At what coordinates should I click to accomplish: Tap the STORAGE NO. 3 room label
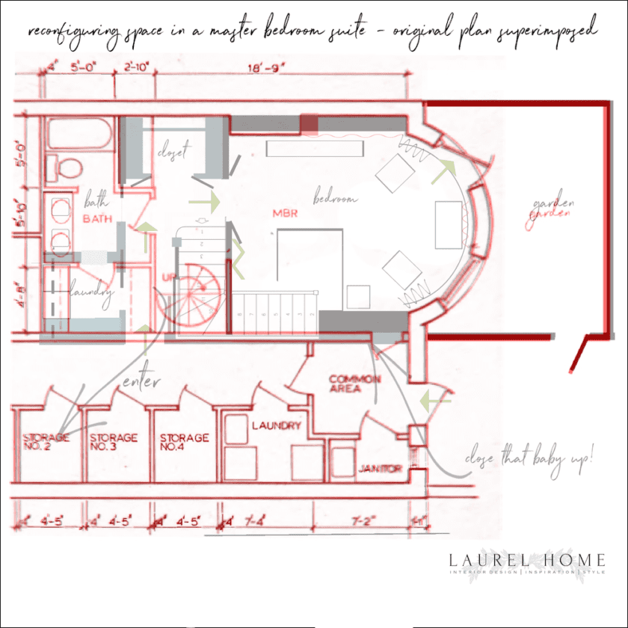tap(113, 442)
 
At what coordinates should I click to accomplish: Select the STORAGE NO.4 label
tap(184, 442)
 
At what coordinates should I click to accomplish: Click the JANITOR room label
tap(381, 469)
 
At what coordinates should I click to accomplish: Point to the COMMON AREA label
tap(354, 384)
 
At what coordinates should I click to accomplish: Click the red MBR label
tap(286, 213)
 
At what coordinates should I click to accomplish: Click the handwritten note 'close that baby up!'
tap(529, 458)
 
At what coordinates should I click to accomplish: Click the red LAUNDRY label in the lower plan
tap(276, 425)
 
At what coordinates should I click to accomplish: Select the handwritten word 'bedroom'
tap(335, 199)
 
